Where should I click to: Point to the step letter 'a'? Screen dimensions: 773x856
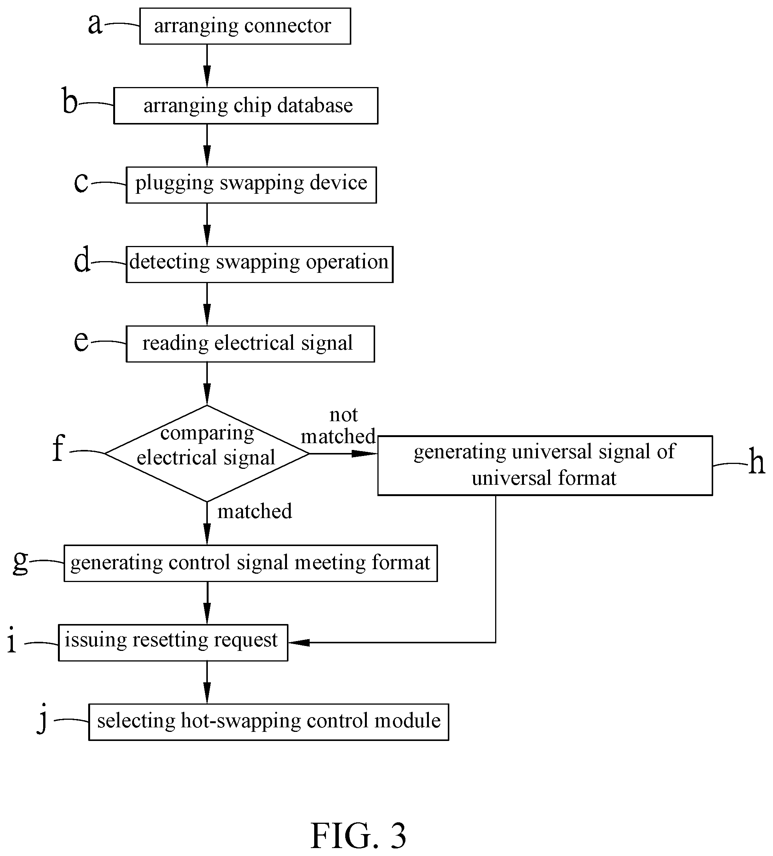coord(95,24)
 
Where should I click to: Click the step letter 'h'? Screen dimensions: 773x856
coord(756,462)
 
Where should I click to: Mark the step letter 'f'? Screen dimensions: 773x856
coord(59,448)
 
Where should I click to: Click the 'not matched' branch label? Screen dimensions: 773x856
coord(338,425)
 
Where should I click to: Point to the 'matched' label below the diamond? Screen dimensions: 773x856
coord(255,511)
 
